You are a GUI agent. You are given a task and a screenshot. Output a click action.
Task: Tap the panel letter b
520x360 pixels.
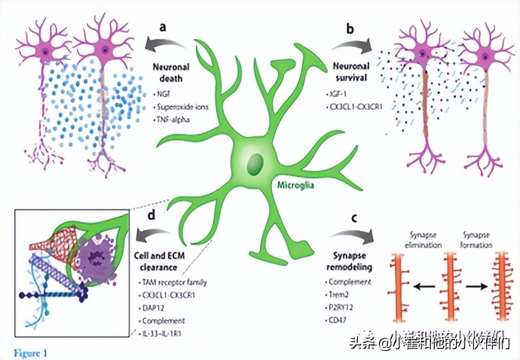tap(350, 29)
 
